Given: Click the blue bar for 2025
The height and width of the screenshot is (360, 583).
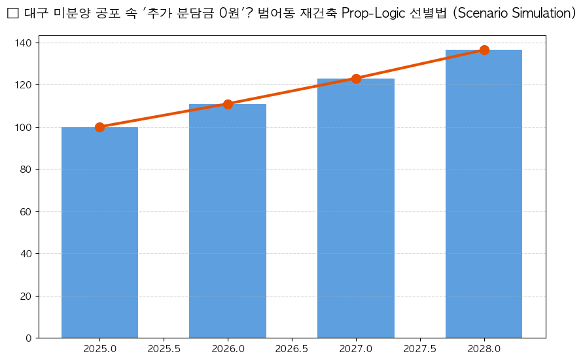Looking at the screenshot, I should pyautogui.click(x=99, y=232).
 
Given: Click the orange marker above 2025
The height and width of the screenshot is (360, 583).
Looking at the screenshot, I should pyautogui.click(x=99, y=127).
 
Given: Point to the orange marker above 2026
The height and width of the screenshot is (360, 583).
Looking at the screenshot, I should pyautogui.click(x=228, y=104).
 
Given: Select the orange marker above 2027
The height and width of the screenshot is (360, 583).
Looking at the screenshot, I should pyautogui.click(x=356, y=79).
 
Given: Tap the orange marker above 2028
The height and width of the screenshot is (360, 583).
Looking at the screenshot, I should pyautogui.click(x=484, y=50).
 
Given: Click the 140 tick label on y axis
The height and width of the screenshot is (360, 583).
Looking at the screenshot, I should pyautogui.click(x=24, y=43).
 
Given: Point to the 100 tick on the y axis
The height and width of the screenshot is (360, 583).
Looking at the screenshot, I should pyautogui.click(x=24, y=127).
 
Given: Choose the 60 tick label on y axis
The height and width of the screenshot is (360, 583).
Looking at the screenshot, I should pyautogui.click(x=27, y=211).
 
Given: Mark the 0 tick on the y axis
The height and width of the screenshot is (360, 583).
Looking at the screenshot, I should pyautogui.click(x=29, y=338).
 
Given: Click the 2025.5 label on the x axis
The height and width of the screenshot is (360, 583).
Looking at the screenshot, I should pyautogui.click(x=164, y=349).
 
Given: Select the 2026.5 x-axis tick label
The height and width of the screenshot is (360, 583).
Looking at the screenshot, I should pyautogui.click(x=292, y=349).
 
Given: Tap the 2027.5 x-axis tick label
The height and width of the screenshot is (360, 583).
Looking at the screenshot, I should pyautogui.click(x=420, y=349).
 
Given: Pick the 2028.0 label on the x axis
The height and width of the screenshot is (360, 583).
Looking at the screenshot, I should pyautogui.click(x=484, y=349).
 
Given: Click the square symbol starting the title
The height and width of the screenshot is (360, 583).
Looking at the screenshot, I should pyautogui.click(x=12, y=14).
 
